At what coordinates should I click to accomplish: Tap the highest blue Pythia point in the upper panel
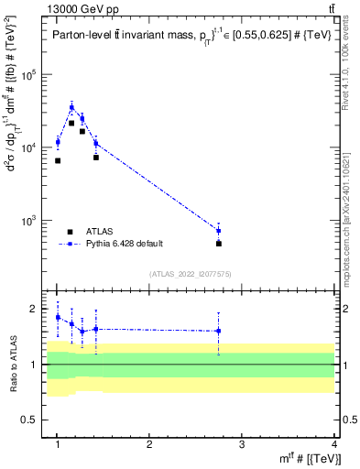pos(71,107)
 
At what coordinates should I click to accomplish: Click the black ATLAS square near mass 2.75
pos(219,244)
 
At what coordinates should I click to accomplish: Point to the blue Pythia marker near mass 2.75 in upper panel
pos(219,231)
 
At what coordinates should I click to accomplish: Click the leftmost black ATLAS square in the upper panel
pos(58,160)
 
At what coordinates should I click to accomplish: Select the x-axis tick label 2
pos(149,445)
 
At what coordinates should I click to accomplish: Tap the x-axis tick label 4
pos(334,445)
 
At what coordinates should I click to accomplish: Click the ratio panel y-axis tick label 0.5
pos(36,420)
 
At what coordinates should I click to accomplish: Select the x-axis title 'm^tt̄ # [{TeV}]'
pos(302,459)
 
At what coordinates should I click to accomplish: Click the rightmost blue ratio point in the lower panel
pos(219,331)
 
